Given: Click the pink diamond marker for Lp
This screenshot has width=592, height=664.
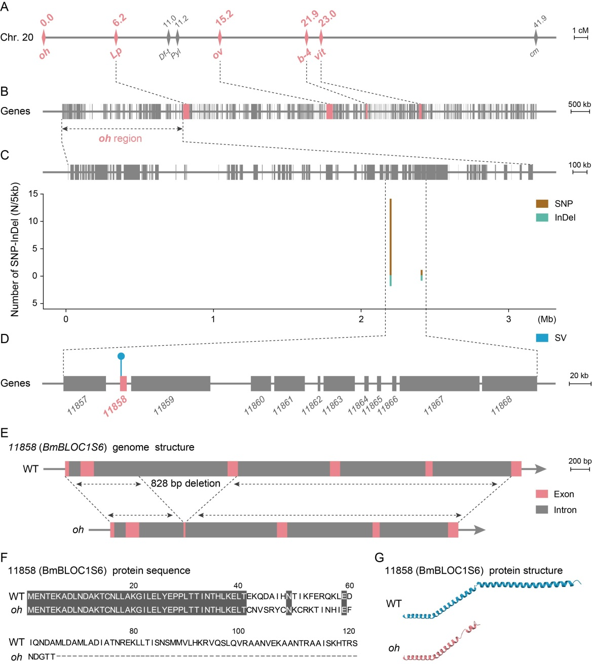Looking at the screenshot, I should click(116, 37).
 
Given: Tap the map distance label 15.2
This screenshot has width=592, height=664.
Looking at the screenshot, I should click(224, 18).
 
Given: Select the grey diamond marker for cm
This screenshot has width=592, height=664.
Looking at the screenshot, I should click(536, 37).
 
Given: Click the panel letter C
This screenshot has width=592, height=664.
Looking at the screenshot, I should click(5, 155).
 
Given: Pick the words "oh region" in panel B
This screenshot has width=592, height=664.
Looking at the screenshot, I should click(120, 138).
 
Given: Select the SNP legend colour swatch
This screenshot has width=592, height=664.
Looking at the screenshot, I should click(542, 204).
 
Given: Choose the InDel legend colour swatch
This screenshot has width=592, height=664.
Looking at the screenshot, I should click(542, 217).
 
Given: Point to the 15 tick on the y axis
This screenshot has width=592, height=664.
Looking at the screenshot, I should click(33, 194).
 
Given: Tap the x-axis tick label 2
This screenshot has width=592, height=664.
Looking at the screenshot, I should click(361, 319).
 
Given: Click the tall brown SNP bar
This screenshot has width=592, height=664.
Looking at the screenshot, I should click(390, 236).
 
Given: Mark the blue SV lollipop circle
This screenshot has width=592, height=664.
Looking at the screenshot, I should click(121, 356).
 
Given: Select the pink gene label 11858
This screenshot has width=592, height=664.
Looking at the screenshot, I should click(115, 407).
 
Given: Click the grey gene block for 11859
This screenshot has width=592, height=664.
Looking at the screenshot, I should click(170, 383).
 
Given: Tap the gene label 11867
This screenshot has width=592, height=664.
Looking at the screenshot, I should click(434, 405).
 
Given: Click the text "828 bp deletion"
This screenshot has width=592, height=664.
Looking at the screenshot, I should click(186, 483).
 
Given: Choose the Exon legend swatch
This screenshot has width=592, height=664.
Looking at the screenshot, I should click(542, 494).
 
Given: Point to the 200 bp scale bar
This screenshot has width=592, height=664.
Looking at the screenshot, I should click(580, 469).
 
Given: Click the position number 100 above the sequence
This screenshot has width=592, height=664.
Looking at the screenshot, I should click(238, 631).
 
